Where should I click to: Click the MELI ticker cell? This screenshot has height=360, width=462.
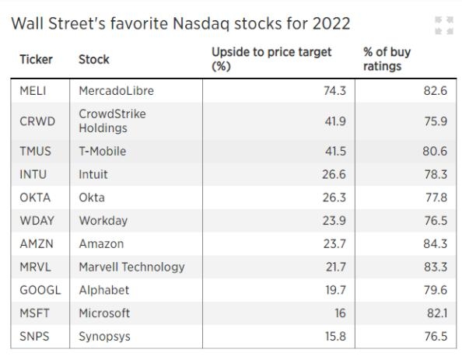pyautogui.click(x=33, y=91)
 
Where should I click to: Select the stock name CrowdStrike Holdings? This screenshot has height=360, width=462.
pyautogui.click(x=112, y=121)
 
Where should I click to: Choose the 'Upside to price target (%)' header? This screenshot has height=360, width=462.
pyautogui.click(x=271, y=59)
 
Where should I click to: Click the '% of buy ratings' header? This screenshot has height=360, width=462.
pyautogui.click(x=387, y=59)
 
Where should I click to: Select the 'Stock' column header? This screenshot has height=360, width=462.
pyautogui.click(x=94, y=59)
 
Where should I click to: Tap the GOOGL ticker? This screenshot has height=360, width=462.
pyautogui.click(x=36, y=290)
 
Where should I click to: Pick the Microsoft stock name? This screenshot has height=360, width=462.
pyautogui.click(x=104, y=313)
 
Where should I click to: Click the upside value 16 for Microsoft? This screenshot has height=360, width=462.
pyautogui.click(x=338, y=313)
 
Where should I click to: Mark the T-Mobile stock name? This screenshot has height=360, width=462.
pyautogui.click(x=102, y=151)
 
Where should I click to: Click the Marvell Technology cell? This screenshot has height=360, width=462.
pyautogui.click(x=131, y=267)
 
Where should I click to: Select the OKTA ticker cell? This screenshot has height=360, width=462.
pyautogui.click(x=33, y=197)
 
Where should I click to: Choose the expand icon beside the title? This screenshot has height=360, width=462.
pyautogui.click(x=443, y=25)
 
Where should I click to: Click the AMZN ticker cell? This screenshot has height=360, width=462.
pyautogui.click(x=34, y=243)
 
